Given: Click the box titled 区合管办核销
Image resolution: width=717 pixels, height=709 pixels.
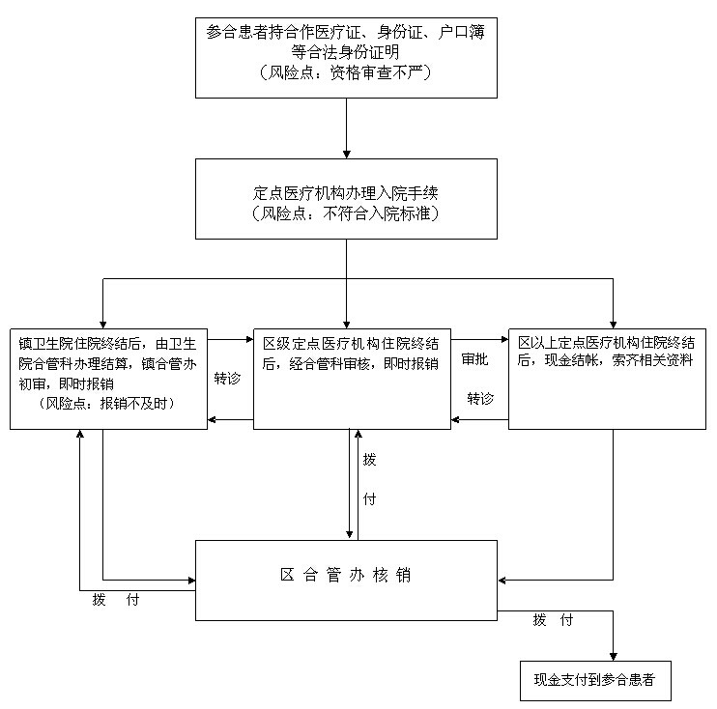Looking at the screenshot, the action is (346, 581).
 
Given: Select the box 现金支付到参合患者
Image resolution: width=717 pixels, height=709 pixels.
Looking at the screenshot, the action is (595, 680).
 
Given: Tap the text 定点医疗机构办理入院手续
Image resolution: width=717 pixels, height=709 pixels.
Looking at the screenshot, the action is (345, 193).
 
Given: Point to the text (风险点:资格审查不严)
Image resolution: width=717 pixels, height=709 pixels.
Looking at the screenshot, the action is (345, 72).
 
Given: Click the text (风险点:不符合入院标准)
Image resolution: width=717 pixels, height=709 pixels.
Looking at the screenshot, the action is (345, 213).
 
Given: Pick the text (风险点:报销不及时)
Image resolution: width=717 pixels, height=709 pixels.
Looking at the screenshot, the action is (107, 403).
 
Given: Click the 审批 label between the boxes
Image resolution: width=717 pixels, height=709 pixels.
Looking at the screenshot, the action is (474, 359).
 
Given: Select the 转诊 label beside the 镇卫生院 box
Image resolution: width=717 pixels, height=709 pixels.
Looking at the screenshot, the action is (227, 379).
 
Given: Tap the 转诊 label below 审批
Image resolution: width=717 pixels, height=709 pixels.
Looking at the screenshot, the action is (480, 399).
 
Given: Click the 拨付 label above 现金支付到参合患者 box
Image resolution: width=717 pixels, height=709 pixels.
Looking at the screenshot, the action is (553, 620).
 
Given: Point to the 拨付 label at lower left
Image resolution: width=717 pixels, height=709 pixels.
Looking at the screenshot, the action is (116, 599).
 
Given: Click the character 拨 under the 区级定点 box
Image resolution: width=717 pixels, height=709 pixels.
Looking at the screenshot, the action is (369, 459).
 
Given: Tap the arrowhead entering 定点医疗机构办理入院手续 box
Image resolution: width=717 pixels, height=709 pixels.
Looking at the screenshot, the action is (346, 154).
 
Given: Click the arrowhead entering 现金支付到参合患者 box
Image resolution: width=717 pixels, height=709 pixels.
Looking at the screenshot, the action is (614, 657).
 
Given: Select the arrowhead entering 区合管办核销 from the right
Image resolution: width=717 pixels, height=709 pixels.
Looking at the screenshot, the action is (502, 581).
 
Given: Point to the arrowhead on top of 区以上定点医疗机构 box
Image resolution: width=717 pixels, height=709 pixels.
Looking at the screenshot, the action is (614, 325).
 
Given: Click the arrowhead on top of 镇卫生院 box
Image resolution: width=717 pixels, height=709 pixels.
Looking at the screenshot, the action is (102, 325).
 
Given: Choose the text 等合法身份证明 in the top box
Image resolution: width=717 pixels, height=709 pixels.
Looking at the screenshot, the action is (345, 52).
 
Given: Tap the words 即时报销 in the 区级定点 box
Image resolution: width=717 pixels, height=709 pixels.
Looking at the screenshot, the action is (411, 364).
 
